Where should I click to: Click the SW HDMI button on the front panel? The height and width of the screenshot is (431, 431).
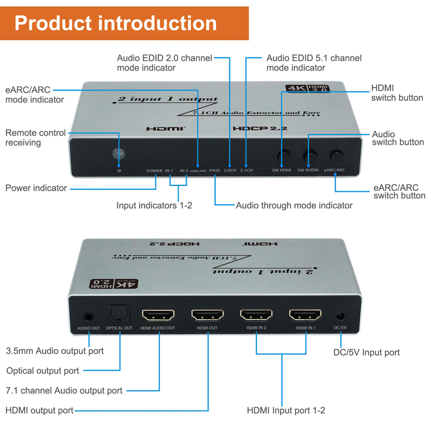282,157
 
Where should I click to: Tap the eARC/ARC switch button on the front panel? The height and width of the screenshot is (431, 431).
337,156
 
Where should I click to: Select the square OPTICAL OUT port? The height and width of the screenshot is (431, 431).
118,315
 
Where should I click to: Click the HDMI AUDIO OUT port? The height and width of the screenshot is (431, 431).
158,315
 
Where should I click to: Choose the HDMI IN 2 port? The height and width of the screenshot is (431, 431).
256,315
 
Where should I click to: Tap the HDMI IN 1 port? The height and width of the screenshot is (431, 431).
305,315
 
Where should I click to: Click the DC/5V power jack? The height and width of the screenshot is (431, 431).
340,317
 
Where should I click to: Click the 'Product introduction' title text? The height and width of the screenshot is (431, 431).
116,23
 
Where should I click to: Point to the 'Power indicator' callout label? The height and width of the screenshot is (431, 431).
36,188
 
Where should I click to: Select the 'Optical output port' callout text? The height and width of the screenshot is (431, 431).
43,371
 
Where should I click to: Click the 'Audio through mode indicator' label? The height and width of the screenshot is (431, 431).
294,205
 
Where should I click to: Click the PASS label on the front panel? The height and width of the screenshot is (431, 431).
215,171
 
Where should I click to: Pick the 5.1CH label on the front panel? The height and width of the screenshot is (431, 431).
246,171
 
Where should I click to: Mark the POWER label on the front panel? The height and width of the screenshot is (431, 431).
154,171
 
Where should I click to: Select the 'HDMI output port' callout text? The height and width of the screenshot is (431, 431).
39,411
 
